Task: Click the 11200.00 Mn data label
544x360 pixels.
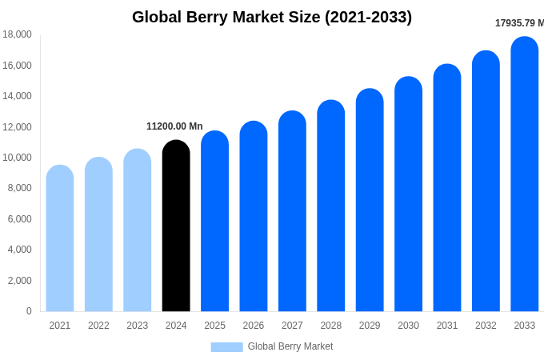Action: (174, 126)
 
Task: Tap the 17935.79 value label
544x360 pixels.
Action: (519, 23)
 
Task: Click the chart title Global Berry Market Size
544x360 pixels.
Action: (272, 17)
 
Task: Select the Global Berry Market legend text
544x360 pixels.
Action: (290, 346)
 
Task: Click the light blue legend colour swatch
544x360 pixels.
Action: (226, 346)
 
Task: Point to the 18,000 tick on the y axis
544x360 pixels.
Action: (17, 34)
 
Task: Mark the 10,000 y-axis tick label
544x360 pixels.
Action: (17, 158)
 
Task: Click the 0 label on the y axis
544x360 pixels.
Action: (29, 311)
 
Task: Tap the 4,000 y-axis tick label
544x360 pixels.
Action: (19, 250)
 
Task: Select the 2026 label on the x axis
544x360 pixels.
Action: (254, 326)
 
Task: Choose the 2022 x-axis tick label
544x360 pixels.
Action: (98, 326)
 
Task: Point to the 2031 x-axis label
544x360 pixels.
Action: (447, 326)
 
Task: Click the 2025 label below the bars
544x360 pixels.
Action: (214, 326)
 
